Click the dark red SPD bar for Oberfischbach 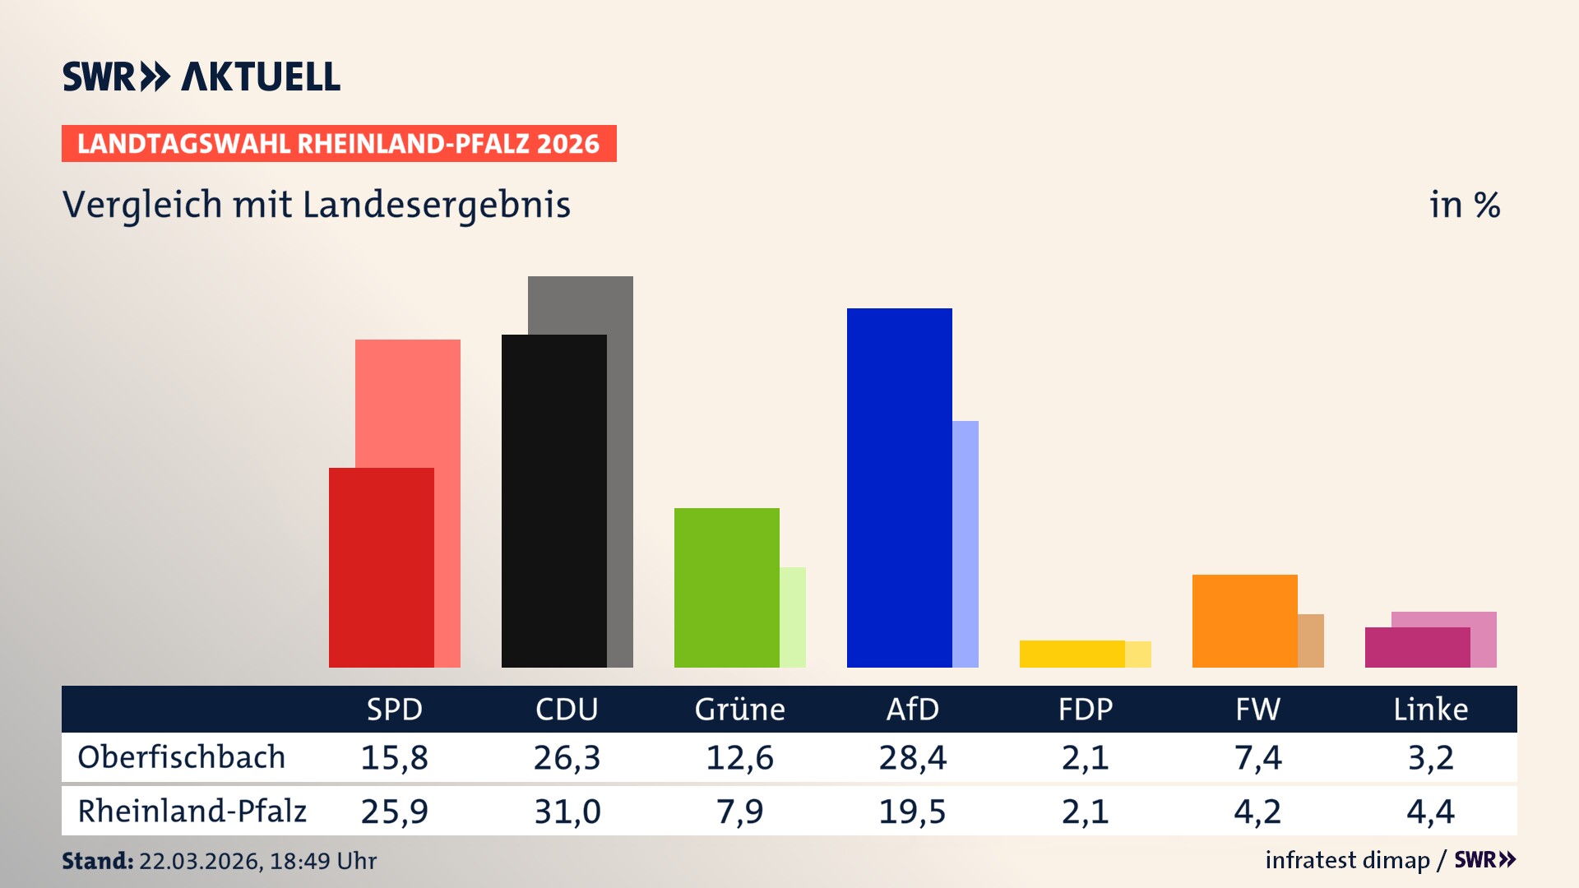382,567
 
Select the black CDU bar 553,501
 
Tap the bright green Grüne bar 726,587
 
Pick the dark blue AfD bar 899,488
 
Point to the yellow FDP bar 1072,654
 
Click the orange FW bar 1244,621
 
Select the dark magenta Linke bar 1417,647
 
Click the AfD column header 912,710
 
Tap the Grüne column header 739,710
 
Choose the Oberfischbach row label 181,757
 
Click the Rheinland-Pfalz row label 192,812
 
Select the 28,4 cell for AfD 912,757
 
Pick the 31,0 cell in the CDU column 567,812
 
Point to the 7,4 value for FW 1257,757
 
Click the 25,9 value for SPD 394,812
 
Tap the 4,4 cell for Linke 1430,812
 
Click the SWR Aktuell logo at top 201,76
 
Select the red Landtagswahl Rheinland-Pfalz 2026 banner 339,144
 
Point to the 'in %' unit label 1464,205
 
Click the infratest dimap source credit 1347,860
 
